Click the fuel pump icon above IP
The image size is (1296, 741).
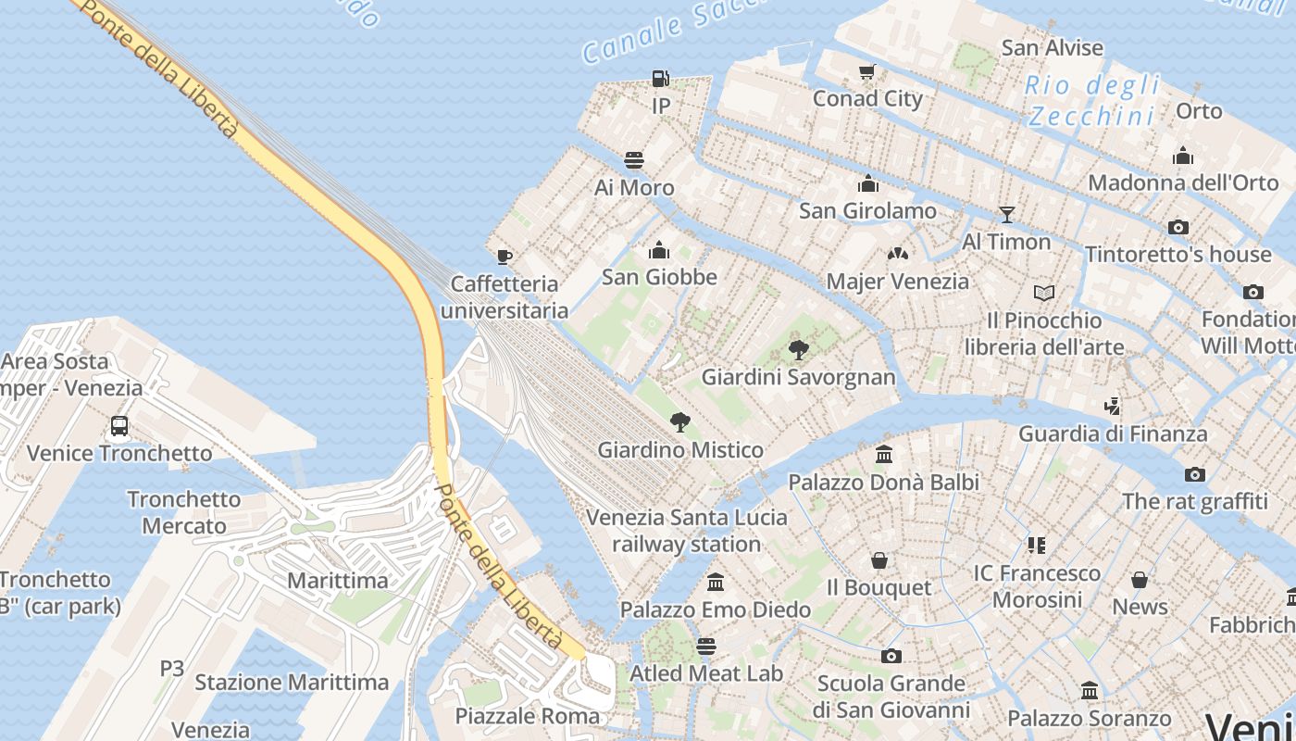coord(660,79)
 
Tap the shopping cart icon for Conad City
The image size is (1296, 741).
coord(867,71)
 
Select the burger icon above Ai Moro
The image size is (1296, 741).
coord(634,160)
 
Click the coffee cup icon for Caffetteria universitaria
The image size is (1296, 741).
coord(505,257)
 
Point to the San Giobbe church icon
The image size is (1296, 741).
coord(659,250)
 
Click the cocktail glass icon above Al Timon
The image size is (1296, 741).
coord(1007,215)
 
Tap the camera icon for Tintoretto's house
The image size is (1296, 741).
coord(1178,227)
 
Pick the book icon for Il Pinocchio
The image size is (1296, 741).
coord(1044,294)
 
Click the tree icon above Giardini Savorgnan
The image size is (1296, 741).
coord(799,350)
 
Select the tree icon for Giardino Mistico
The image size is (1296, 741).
coord(680,422)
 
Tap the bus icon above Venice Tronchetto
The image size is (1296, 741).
coord(119,426)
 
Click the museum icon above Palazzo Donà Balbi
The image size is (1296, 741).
coord(884,455)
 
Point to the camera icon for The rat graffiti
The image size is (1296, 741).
coord(1195,474)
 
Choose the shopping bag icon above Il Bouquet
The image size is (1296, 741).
coord(879,560)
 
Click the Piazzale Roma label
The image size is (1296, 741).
coord(528,716)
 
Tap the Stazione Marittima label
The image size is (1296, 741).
coord(292,683)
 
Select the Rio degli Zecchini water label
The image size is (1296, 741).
coord(1092,101)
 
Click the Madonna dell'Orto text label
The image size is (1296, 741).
coord(1183,182)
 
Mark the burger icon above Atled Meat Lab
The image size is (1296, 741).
coord(706,646)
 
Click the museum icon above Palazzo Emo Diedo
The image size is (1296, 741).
coord(716,583)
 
